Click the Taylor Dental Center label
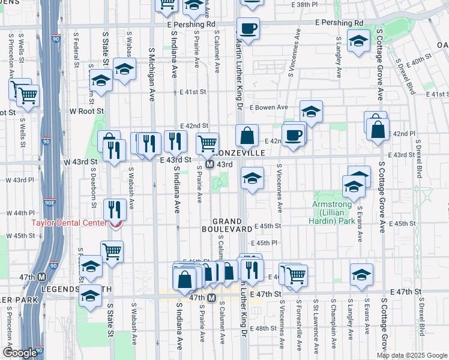(x=65, y=223)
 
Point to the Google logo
(x=19, y=353)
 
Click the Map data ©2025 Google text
(x=411, y=355)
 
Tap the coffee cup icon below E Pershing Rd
(x=247, y=28)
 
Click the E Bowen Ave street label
(x=269, y=107)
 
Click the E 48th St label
(x=265, y=328)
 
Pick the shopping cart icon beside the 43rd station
(x=207, y=143)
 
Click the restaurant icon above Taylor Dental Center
(x=112, y=209)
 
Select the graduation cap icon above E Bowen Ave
(x=311, y=111)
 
